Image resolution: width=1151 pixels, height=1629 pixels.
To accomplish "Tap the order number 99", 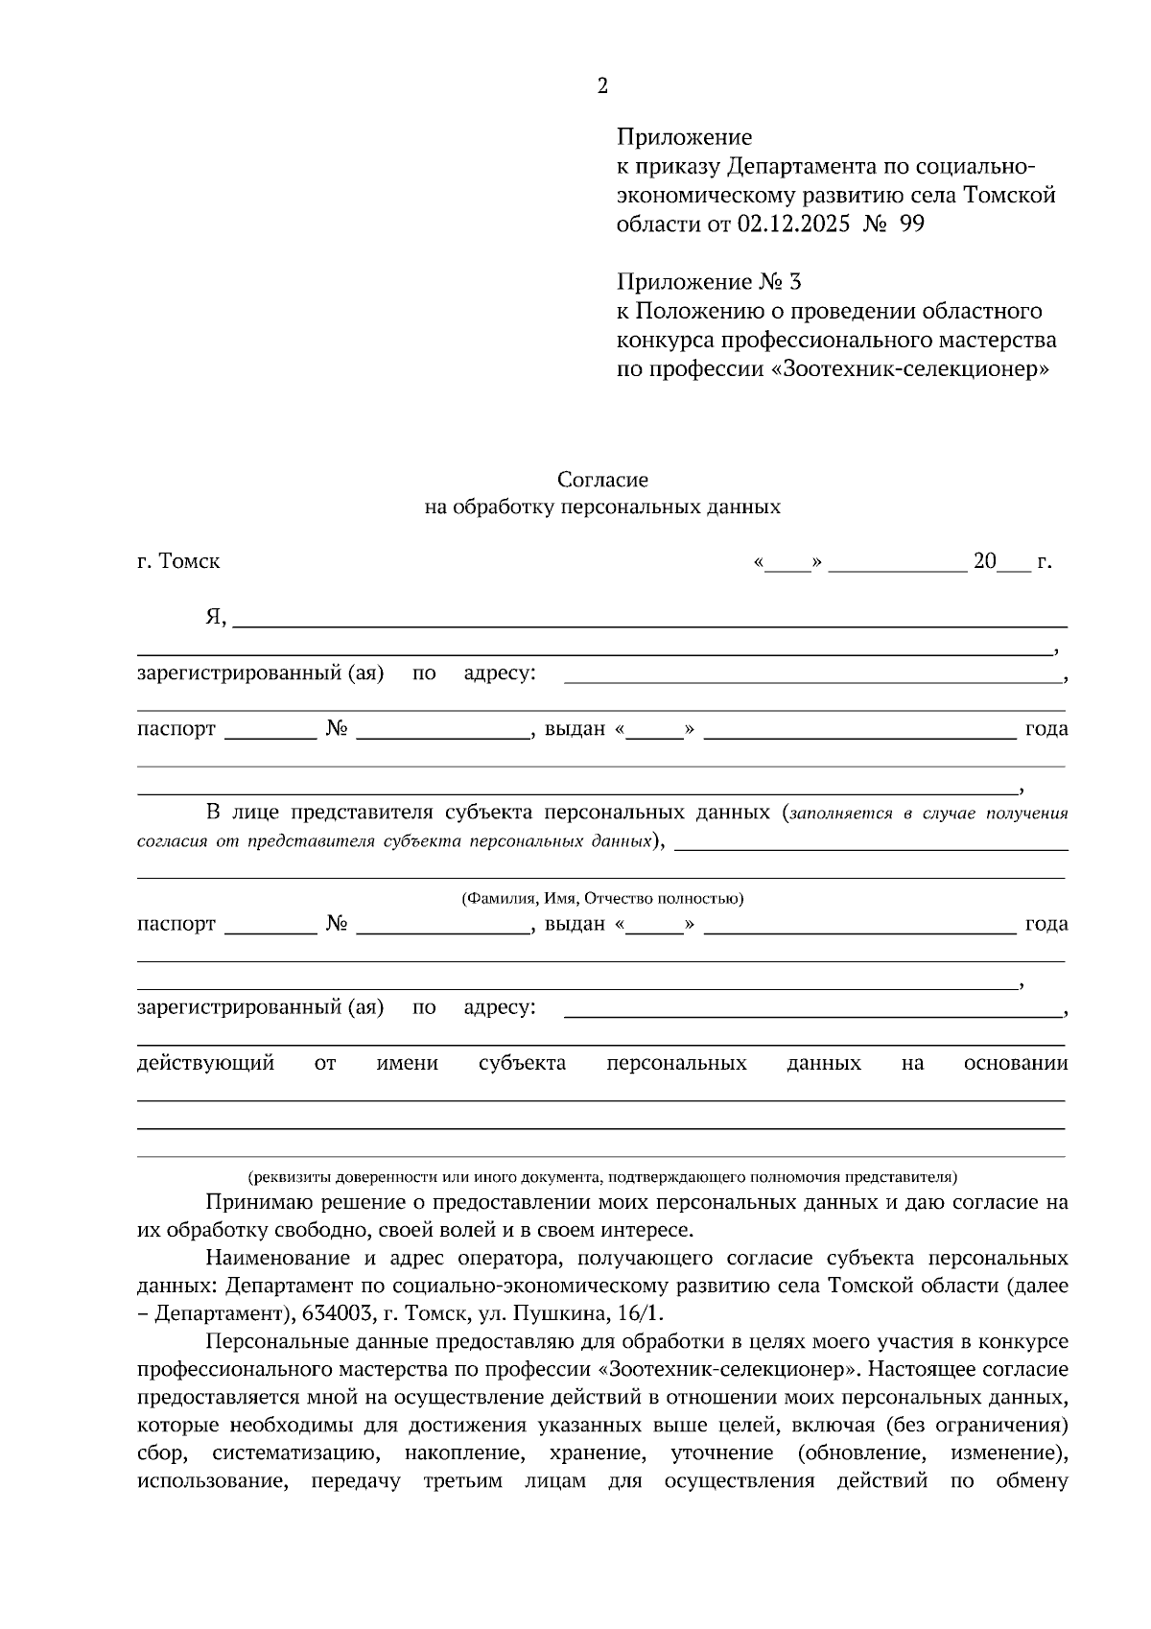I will point(912,224).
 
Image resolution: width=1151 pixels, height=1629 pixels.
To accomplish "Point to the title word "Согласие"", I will point(602,479).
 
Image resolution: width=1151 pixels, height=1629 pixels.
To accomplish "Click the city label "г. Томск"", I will point(178,561).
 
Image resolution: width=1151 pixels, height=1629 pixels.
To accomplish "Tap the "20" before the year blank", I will point(985,561).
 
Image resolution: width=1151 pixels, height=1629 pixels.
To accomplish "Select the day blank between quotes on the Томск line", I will point(788,563).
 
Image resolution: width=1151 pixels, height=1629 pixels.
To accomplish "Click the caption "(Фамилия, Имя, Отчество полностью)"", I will point(602,899).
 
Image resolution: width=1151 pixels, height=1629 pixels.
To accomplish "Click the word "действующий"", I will point(206,1063).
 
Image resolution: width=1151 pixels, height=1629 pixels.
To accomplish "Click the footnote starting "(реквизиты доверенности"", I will point(602,1176).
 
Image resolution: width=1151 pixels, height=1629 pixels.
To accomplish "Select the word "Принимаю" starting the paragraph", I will point(253,1202).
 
